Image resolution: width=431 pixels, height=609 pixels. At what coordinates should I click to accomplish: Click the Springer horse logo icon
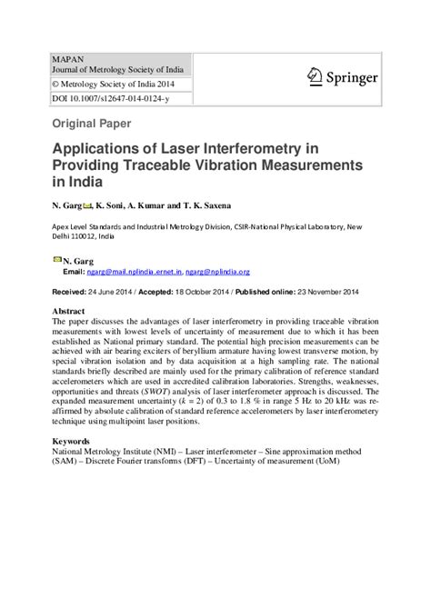click(315, 75)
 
